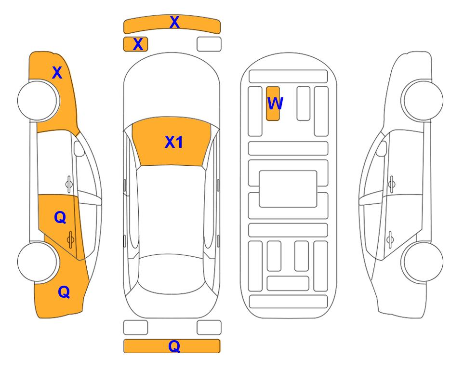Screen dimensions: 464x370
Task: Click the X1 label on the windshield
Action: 174,142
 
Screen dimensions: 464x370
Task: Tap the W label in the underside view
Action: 275,103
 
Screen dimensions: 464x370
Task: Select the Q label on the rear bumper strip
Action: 174,346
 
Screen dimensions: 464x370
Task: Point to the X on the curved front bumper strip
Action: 174,22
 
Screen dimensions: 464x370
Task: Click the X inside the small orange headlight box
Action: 138,44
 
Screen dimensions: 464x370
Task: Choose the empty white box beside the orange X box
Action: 209,44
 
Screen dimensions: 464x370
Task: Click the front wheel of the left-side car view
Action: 38,100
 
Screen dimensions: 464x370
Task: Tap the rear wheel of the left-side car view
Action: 38,262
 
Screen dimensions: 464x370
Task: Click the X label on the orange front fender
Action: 57,73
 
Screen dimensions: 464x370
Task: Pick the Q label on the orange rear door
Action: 60,218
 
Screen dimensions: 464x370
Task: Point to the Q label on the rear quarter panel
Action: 64,292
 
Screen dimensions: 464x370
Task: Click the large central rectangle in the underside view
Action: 288,189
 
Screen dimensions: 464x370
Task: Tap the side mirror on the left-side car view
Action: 79,148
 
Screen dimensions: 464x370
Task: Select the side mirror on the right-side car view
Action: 382,148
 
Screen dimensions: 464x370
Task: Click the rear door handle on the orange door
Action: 70,239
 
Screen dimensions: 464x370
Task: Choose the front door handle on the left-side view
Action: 69,184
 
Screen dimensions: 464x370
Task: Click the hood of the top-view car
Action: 172,86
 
